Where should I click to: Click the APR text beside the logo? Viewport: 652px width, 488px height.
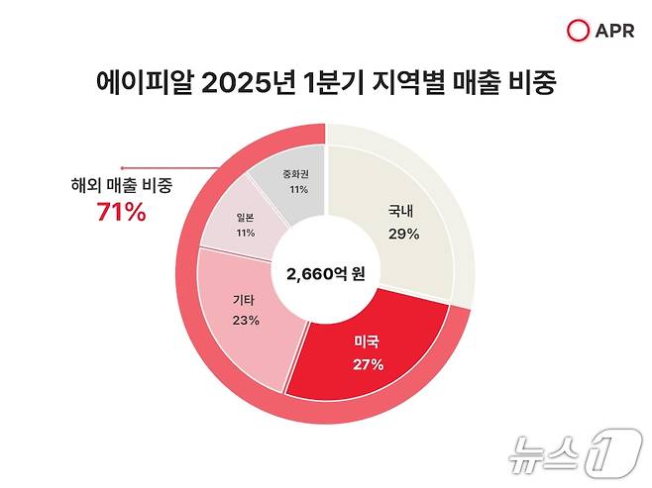click(x=611, y=31)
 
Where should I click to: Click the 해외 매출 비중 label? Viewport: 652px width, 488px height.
click(x=122, y=185)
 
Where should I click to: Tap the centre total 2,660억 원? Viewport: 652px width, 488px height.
click(x=325, y=274)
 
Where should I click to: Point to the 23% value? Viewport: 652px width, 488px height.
click(x=246, y=320)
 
